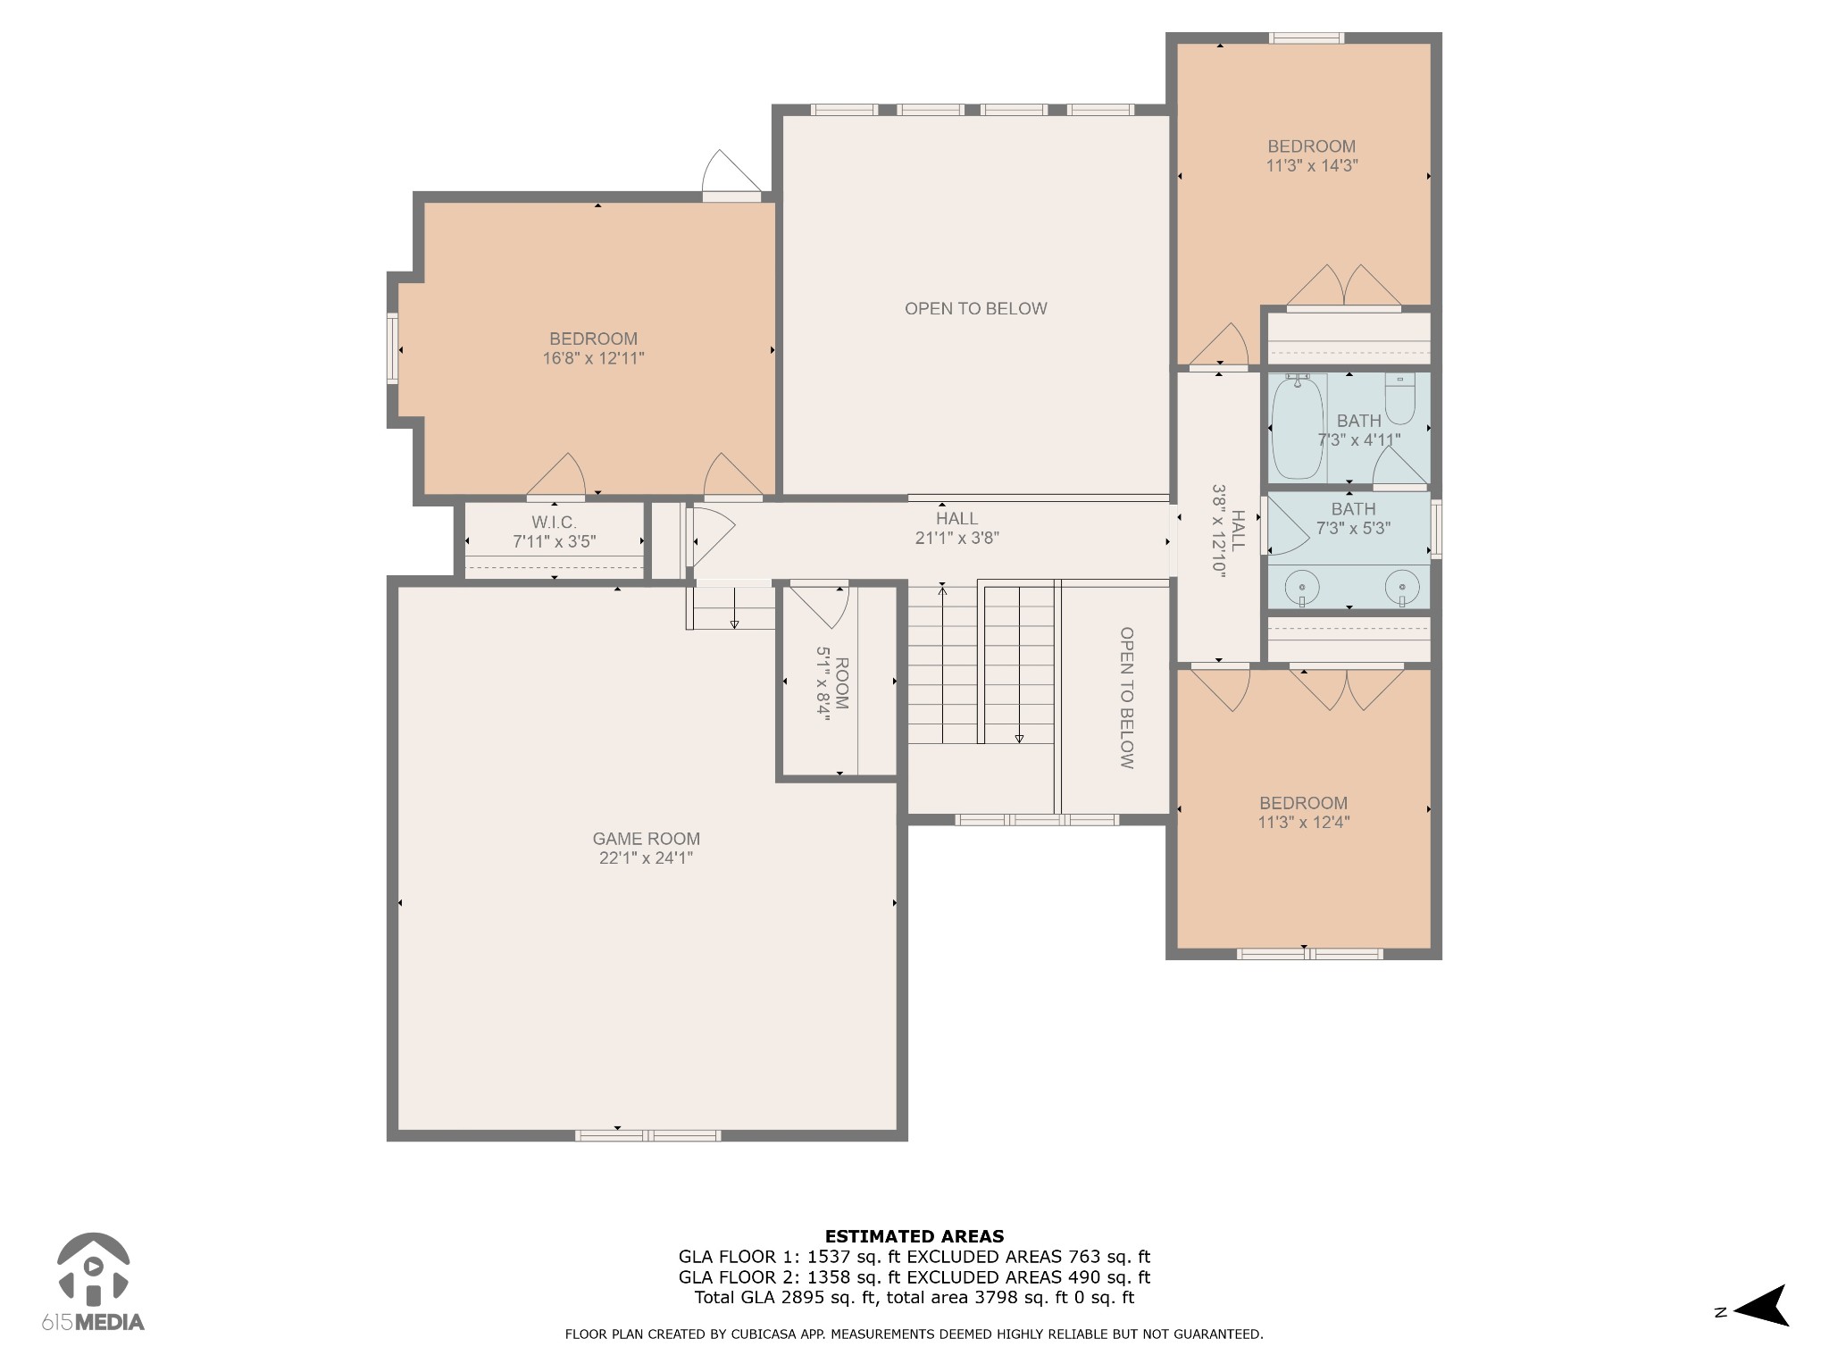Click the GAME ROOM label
[x=647, y=839]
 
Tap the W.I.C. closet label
[x=554, y=523]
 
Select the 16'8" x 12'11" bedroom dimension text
[x=593, y=358]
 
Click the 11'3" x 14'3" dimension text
[x=1312, y=165]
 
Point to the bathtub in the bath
[x=1298, y=428]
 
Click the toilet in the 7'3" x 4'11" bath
[x=1400, y=398]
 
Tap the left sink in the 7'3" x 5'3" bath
[x=1302, y=590]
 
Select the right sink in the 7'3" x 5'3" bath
[x=1402, y=590]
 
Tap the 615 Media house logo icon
[x=93, y=1267]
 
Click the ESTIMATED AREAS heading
[x=914, y=1236]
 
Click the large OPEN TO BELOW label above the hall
[x=975, y=308]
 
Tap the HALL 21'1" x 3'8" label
[x=956, y=528]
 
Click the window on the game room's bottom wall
[x=647, y=1135]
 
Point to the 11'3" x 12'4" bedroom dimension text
[x=1304, y=823]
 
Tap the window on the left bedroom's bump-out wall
[x=392, y=348]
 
